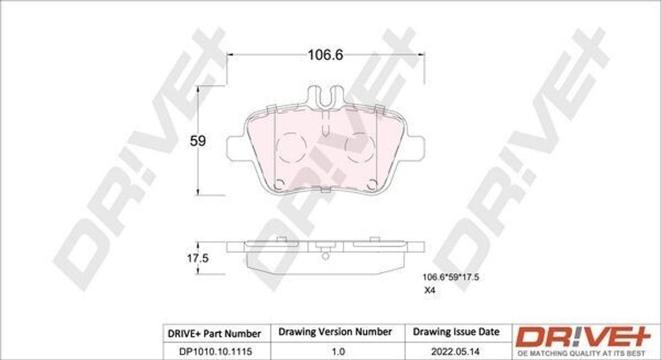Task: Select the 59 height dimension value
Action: (x=198, y=141)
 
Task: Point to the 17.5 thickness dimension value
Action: (x=198, y=258)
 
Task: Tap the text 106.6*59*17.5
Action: (x=451, y=277)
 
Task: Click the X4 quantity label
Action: (x=429, y=290)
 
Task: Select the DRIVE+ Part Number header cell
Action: (x=214, y=334)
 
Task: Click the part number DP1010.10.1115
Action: (x=210, y=351)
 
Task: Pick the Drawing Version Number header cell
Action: (x=335, y=332)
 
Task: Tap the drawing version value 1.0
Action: (x=338, y=351)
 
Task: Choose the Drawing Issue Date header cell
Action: (x=456, y=332)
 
